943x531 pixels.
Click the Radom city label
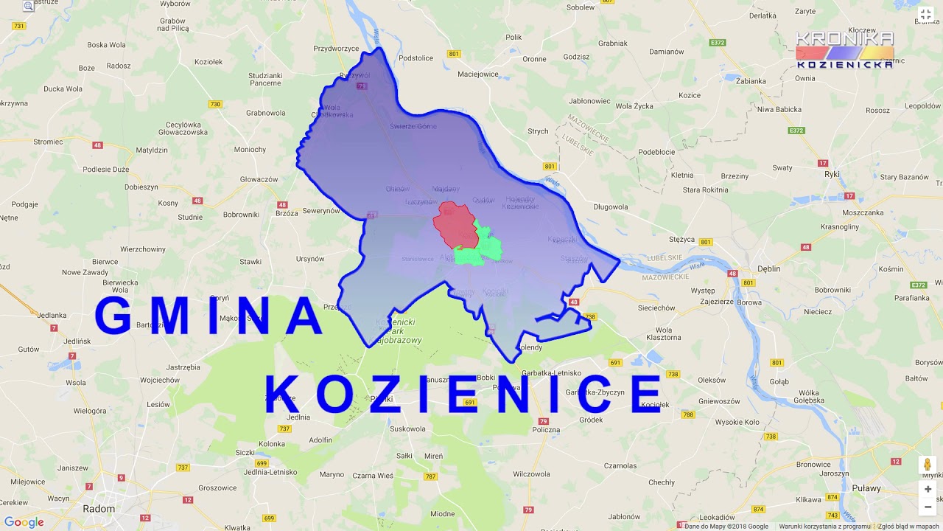point(99,508)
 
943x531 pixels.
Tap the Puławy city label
point(866,487)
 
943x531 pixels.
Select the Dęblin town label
point(768,268)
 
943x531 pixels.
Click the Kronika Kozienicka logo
point(844,49)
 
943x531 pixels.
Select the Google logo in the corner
point(24,522)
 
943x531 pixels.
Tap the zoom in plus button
point(928,489)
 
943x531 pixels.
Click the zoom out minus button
point(928,507)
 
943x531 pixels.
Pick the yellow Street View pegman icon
point(928,465)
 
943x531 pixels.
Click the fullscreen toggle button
point(926,14)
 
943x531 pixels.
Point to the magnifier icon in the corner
point(28,6)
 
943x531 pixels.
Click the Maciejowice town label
point(477,74)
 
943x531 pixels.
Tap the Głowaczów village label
point(259,179)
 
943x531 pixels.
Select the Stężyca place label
point(681,239)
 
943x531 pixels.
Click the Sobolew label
point(581,7)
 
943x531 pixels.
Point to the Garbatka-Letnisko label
point(551,372)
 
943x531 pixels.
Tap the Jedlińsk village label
point(77,341)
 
